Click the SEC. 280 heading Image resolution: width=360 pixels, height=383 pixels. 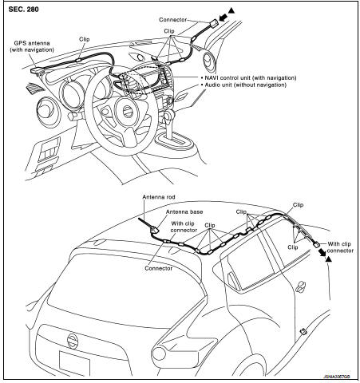click(x=23, y=10)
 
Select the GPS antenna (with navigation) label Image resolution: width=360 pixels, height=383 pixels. click(x=32, y=46)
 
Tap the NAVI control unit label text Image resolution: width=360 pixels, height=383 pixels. click(x=251, y=78)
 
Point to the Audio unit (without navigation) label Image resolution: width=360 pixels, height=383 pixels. click(x=245, y=85)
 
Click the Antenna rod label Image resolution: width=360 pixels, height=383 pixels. click(x=159, y=197)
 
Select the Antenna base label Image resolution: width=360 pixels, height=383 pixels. click(x=184, y=212)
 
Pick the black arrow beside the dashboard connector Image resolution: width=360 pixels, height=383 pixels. click(x=224, y=18)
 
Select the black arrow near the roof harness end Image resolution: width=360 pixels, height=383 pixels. click(x=322, y=252)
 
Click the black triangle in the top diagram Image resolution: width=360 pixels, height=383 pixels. click(x=231, y=10)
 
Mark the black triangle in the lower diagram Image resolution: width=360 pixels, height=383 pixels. click(x=329, y=259)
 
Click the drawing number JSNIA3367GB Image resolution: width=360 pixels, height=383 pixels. click(x=337, y=377)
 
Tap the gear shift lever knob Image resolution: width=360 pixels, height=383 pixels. click(x=168, y=116)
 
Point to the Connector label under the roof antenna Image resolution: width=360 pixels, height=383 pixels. click(x=159, y=268)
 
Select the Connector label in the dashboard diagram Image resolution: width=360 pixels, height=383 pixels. click(x=173, y=20)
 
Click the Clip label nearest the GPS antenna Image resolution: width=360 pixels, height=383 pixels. click(x=85, y=39)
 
